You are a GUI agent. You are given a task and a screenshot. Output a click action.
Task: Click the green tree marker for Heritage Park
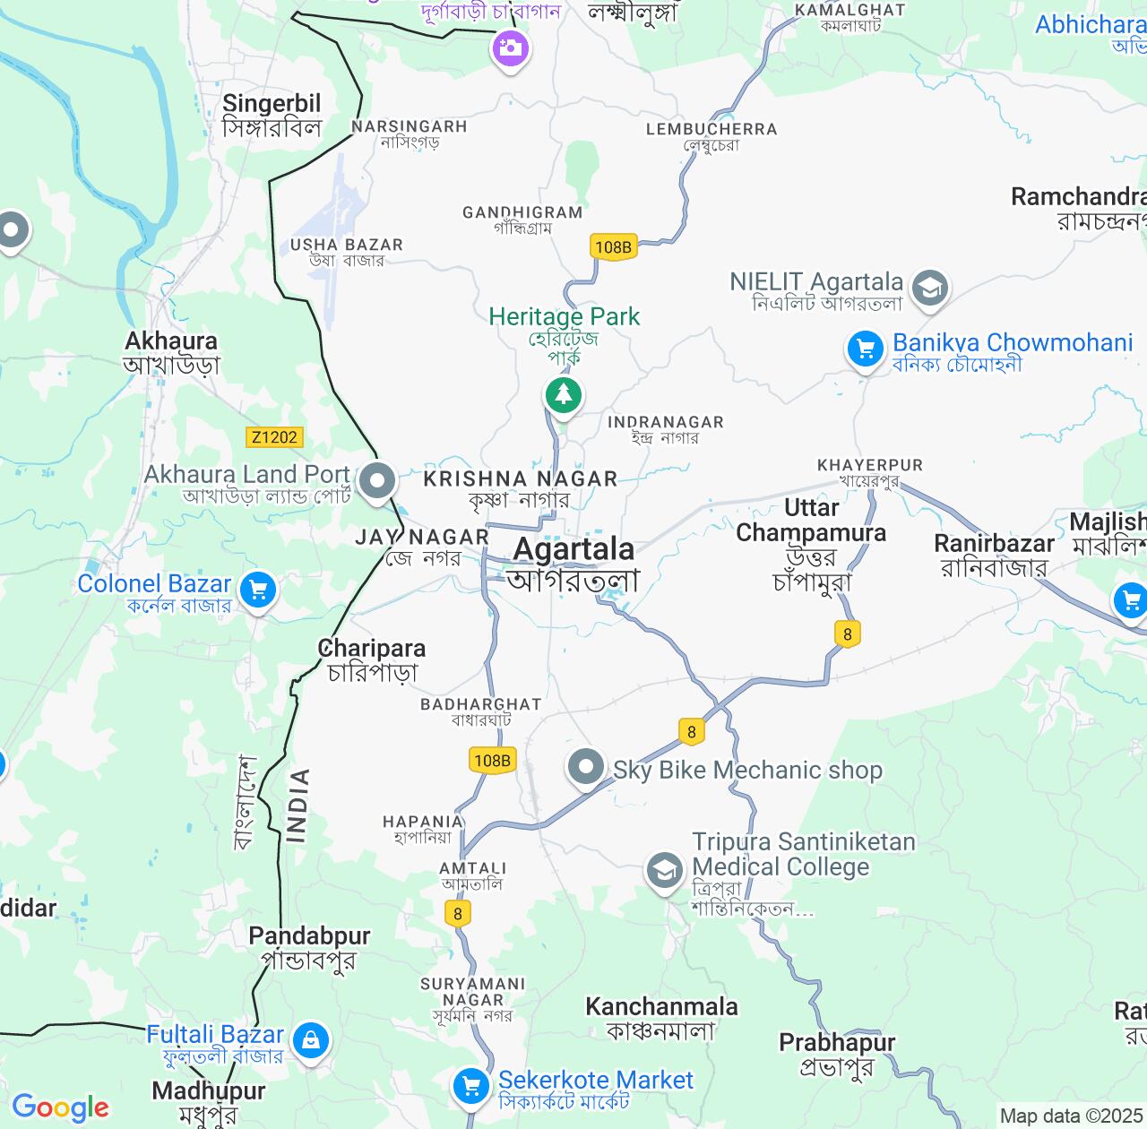[x=563, y=394]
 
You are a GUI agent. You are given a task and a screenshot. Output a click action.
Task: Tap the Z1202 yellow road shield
[x=274, y=437]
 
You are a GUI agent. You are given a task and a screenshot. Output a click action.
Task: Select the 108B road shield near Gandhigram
[x=613, y=247]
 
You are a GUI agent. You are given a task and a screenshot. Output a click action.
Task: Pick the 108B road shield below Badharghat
[x=492, y=761]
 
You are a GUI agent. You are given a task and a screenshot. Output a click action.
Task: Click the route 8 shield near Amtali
[x=458, y=913]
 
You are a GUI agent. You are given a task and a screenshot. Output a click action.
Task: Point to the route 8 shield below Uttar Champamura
[x=848, y=634]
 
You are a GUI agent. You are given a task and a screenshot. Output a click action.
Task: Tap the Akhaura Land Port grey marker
[x=377, y=481]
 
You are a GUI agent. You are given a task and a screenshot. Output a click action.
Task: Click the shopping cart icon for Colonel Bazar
[x=258, y=590]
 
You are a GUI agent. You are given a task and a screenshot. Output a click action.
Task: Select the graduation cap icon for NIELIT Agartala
[x=930, y=289]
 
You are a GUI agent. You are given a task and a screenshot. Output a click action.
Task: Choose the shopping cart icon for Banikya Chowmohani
[x=866, y=349]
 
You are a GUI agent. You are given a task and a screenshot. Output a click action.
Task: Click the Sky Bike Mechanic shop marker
[x=587, y=767]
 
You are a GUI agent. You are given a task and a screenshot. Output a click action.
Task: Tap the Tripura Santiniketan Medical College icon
[x=665, y=870]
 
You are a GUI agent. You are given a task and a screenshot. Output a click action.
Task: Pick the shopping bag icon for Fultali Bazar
[x=310, y=1040]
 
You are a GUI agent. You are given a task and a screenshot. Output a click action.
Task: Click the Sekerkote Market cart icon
[x=470, y=1086]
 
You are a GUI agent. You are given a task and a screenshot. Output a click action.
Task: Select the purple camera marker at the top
[x=510, y=47]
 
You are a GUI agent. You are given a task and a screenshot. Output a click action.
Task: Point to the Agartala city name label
[x=573, y=549]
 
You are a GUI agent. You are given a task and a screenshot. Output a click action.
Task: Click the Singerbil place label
[x=272, y=104]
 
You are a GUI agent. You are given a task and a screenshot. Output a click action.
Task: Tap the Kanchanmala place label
[x=661, y=1007]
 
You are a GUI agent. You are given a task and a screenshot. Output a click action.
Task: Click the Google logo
[x=60, y=1107]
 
